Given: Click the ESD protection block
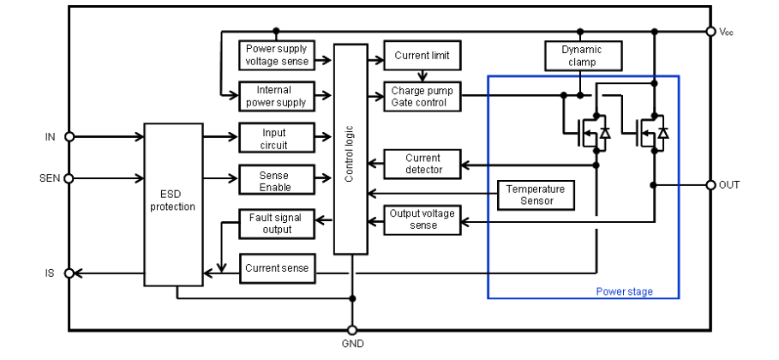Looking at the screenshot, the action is [x=173, y=204].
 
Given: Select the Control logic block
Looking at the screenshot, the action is [x=351, y=149].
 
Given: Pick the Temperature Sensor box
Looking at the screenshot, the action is [x=536, y=195].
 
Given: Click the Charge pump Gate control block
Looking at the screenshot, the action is [x=422, y=97].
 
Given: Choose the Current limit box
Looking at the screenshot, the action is [x=422, y=55].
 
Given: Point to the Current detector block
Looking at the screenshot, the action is [x=422, y=164].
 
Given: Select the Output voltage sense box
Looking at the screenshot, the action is [x=422, y=219].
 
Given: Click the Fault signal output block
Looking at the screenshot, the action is [x=277, y=223].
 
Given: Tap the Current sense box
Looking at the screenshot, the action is [x=277, y=268].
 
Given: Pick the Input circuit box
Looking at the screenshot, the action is [x=277, y=138].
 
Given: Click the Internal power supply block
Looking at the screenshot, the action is [x=277, y=97].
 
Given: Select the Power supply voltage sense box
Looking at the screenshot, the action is [x=277, y=55].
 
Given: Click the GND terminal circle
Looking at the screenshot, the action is [x=352, y=330].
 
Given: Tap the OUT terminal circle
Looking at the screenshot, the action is [x=711, y=185].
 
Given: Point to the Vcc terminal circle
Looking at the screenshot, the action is [x=711, y=32].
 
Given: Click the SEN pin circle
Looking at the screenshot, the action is [x=69, y=178].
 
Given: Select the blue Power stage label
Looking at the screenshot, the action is [x=625, y=291].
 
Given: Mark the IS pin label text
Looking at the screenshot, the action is [x=50, y=273].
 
